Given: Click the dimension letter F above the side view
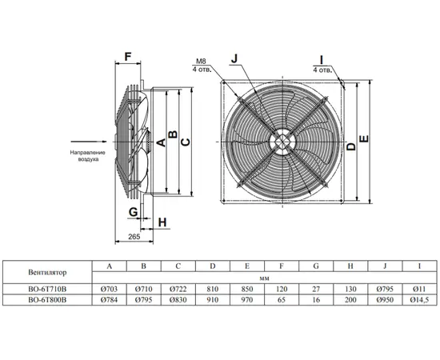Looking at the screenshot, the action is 128,57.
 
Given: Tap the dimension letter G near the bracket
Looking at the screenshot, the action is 133,212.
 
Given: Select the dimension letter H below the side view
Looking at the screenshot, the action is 162,222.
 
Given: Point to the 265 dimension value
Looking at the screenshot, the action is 134,237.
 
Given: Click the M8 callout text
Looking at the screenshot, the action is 201,62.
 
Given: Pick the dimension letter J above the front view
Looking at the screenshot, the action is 234,58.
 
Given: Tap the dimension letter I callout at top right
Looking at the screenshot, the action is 322,60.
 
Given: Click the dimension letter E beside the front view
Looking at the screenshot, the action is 364,139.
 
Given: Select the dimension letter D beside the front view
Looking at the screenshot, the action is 350,146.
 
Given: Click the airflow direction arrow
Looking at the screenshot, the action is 89,142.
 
